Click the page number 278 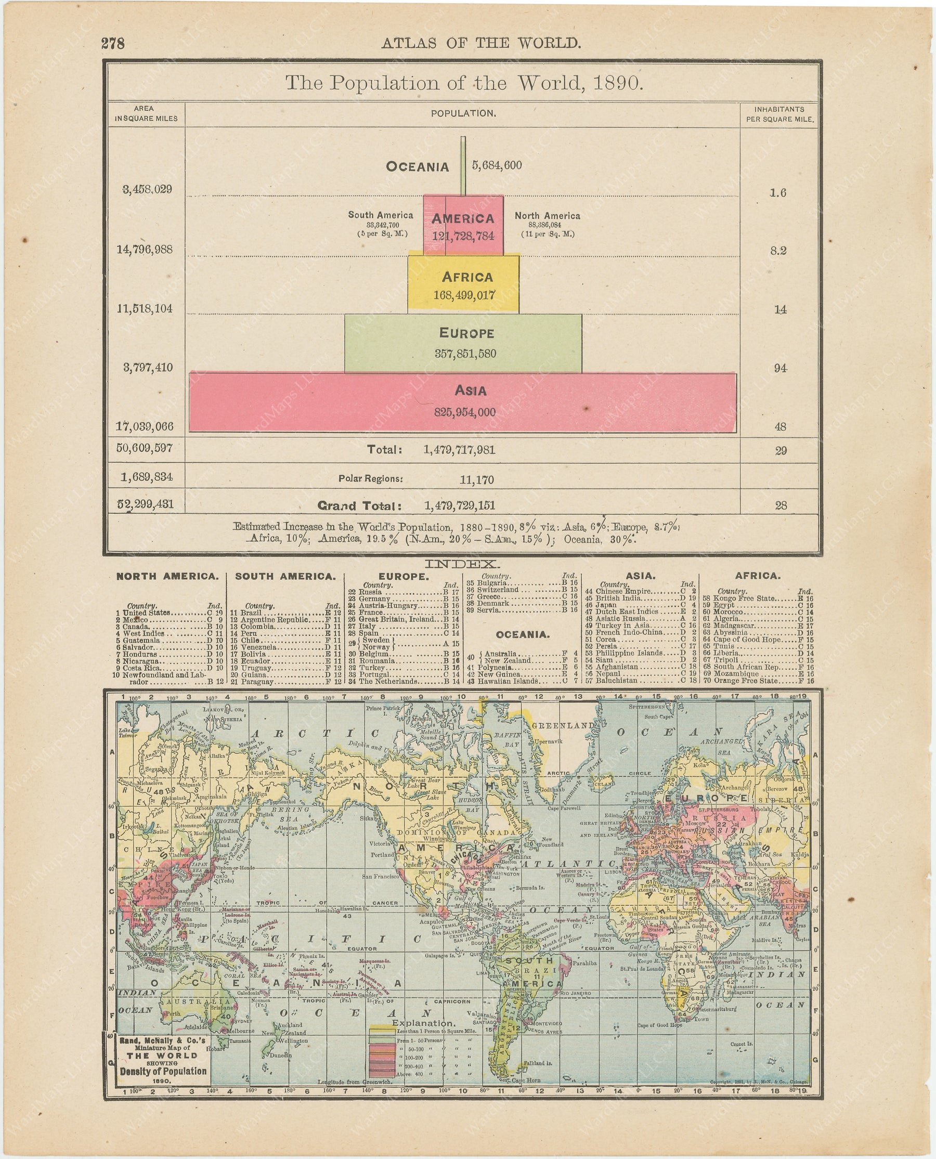coord(113,43)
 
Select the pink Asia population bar coord(463,402)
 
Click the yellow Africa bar coord(463,284)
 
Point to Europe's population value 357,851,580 coord(465,354)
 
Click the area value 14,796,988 coord(145,249)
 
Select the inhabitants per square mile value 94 coord(780,368)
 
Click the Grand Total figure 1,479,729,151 coord(459,505)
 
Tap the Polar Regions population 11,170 coord(477,480)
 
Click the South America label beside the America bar coord(380,215)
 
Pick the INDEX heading coord(462,564)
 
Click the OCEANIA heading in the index coord(523,634)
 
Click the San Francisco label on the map coord(380,877)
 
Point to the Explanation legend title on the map coord(423,1023)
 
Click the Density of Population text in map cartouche coord(163,1071)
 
